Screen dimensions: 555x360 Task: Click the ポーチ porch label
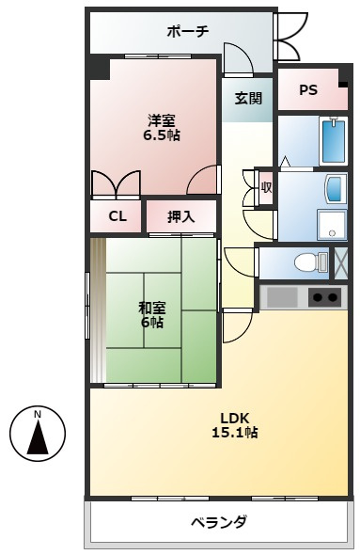(x=187, y=31)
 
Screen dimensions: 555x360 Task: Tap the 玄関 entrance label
(x=248, y=98)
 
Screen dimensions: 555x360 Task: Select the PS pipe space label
(x=307, y=90)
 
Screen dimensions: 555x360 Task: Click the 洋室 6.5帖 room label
(x=161, y=127)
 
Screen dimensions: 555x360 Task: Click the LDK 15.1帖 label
(x=233, y=425)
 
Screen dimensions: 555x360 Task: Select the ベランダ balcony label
(x=218, y=522)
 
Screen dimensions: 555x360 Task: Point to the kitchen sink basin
(x=281, y=298)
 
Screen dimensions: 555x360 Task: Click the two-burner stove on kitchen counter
(x=324, y=298)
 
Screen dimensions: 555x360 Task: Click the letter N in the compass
(x=38, y=415)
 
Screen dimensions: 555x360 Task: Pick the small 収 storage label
(x=266, y=187)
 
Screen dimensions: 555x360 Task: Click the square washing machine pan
(x=331, y=224)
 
